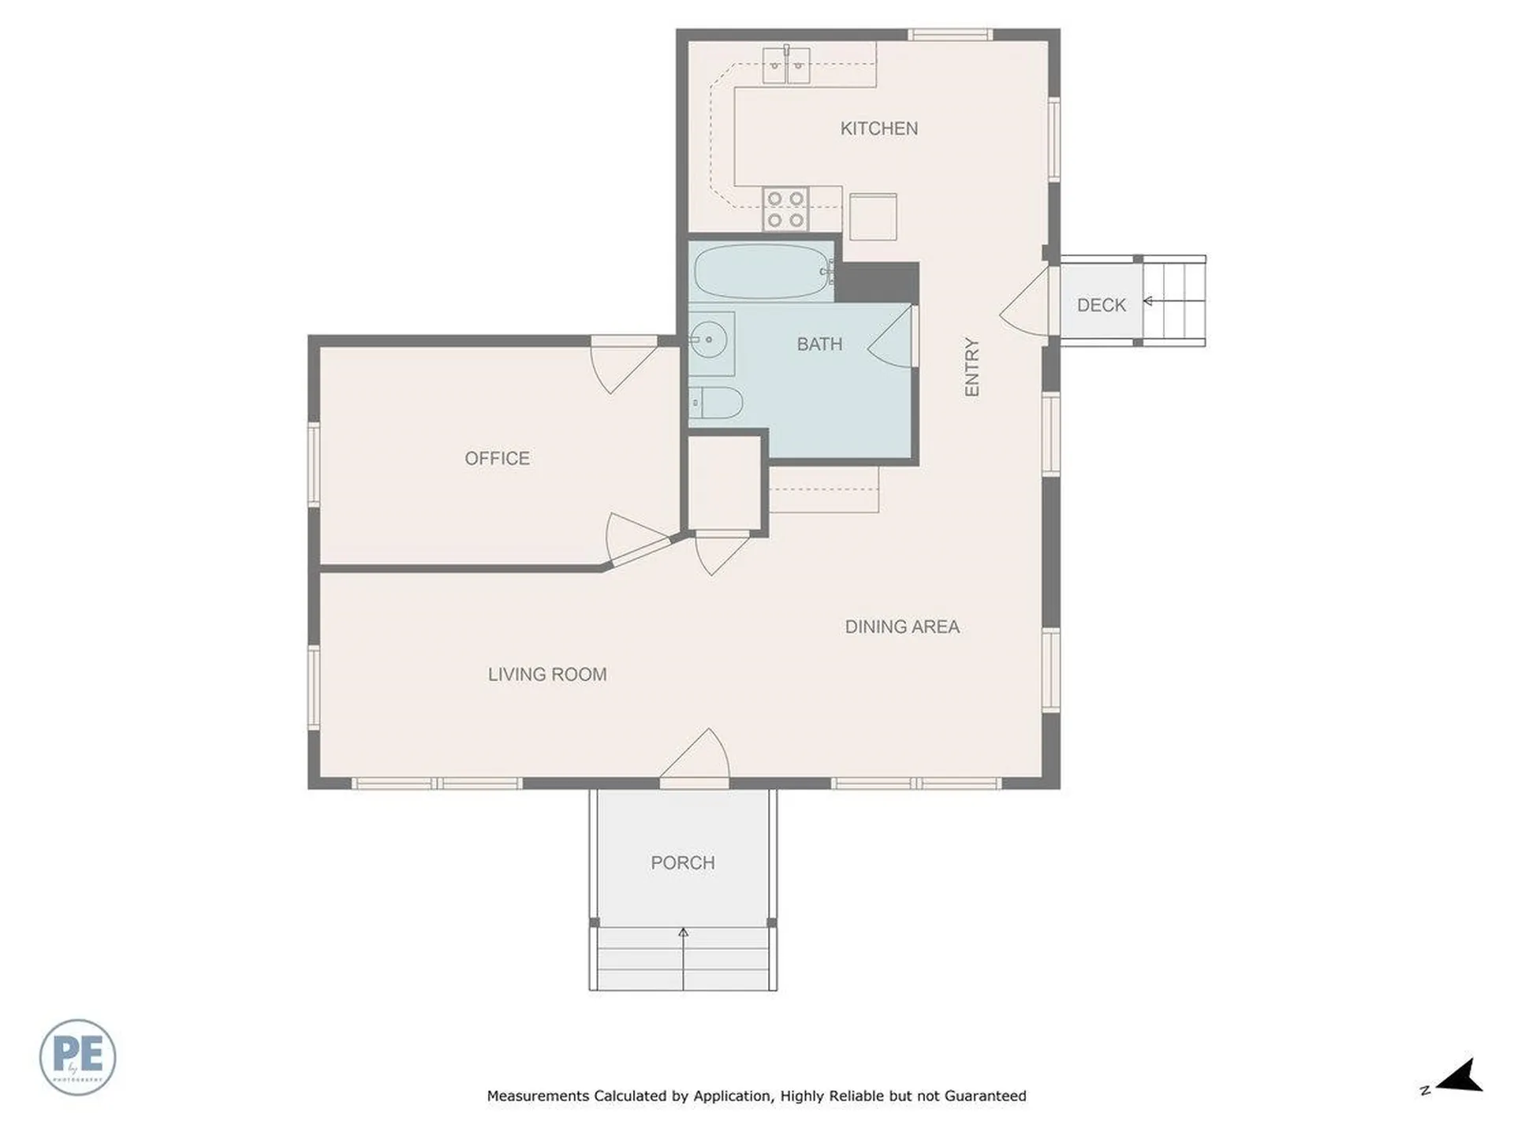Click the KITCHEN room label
(x=878, y=128)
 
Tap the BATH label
(x=819, y=344)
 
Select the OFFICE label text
(x=497, y=459)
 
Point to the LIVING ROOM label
(x=547, y=675)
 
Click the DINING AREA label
(x=902, y=627)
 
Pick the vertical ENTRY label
(x=971, y=367)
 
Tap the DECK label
(x=1102, y=305)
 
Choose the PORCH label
(x=683, y=863)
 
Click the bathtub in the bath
(x=763, y=270)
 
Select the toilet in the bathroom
(x=716, y=404)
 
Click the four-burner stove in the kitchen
(x=786, y=209)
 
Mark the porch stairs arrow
(x=683, y=958)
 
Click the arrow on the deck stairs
(x=1174, y=301)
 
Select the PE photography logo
(x=77, y=1057)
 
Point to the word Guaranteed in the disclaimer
(x=986, y=1096)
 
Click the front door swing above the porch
(x=695, y=757)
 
